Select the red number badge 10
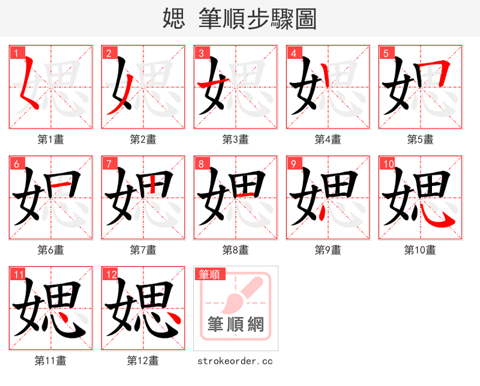click(388, 164)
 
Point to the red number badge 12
click(110, 274)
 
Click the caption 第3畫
click(235, 139)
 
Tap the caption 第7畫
click(143, 250)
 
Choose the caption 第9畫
click(328, 250)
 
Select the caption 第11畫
click(50, 361)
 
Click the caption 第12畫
click(143, 361)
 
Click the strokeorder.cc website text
click(235, 361)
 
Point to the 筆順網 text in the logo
click(236, 325)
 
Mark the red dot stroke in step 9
click(323, 212)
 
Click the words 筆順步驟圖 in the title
click(257, 19)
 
